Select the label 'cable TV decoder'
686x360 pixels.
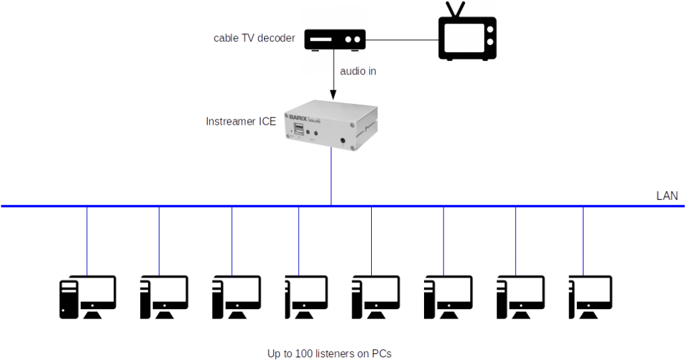[254, 38]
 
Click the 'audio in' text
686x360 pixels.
[358, 70]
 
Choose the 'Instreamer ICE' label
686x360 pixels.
[241, 121]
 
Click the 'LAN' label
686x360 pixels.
[667, 196]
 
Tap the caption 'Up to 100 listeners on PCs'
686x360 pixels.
[328, 353]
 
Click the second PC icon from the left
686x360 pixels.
[159, 297]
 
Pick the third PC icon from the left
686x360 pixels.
[232, 297]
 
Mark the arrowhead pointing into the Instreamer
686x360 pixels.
[332, 95]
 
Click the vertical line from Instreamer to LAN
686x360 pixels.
[332, 178]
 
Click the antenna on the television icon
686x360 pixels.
[458, 10]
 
